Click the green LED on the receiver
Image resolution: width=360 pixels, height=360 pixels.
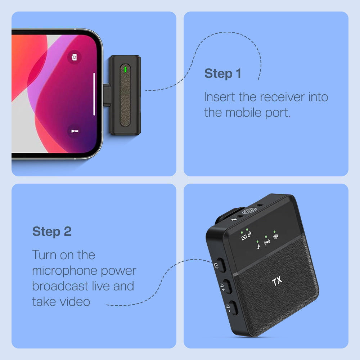coord(125,69)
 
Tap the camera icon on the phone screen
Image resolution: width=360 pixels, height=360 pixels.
coord(74,57)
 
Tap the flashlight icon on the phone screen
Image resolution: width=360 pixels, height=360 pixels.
coord(74,131)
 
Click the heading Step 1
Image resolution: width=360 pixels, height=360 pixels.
coord(223,74)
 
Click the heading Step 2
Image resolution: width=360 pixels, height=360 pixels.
coord(52,231)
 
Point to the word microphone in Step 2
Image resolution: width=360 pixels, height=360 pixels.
coord(65,271)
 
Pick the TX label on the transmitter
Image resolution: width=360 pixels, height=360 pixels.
coord(277,281)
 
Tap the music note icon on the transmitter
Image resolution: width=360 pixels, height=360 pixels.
coord(258,247)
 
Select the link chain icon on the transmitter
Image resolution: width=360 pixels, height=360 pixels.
coord(249,234)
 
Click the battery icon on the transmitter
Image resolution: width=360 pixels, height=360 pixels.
coord(244,237)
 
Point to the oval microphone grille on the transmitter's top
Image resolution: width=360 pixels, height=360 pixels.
coord(249,211)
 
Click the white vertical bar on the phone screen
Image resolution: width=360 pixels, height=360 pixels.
coord(94,94)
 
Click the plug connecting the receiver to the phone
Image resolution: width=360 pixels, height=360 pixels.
coord(107,95)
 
